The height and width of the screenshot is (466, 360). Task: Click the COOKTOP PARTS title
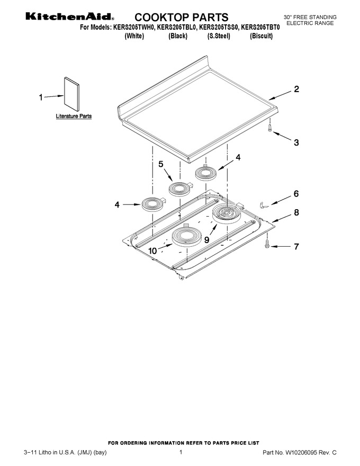click(182, 17)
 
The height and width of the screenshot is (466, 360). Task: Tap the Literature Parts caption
click(74, 116)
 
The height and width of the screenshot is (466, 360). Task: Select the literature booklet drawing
click(71, 94)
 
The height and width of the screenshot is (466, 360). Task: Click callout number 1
click(41, 97)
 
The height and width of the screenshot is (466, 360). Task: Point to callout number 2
click(296, 89)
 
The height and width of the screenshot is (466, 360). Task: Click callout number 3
click(296, 142)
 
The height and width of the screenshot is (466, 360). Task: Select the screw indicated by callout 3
click(269, 128)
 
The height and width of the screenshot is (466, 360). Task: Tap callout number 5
click(161, 164)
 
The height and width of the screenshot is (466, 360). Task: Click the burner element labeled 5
click(179, 189)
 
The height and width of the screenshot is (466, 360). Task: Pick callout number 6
click(296, 194)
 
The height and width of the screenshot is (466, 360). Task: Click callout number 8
click(296, 212)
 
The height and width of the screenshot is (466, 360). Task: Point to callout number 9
click(206, 240)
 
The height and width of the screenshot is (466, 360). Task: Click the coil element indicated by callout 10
click(186, 236)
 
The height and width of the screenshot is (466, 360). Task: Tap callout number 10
click(152, 251)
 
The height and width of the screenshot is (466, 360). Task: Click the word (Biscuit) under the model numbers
click(261, 36)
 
